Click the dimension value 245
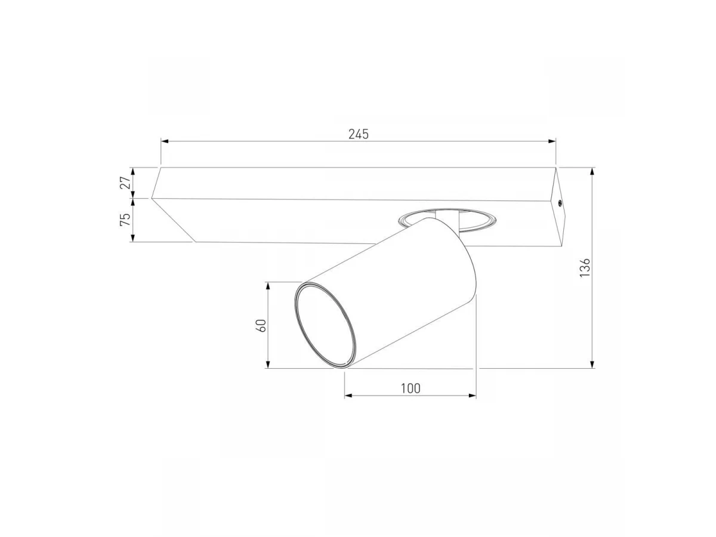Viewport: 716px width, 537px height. (359, 134)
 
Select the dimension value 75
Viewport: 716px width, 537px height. (125, 220)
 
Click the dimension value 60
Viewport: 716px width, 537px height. (261, 325)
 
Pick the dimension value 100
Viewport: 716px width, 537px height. (411, 388)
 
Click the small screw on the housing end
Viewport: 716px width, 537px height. (560, 202)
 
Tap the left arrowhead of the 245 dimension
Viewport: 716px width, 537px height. (165, 141)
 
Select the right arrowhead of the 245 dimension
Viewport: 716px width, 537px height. (551, 141)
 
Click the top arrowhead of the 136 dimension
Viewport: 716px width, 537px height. (592, 171)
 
